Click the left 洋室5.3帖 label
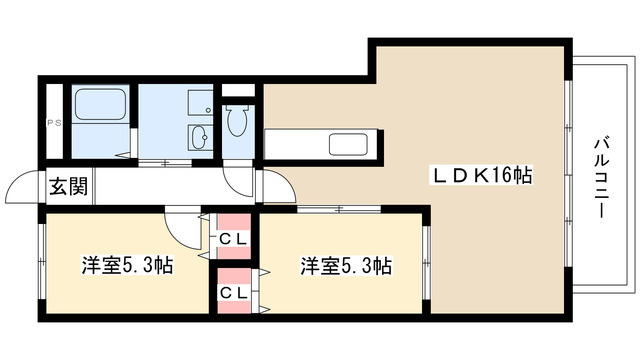click(x=127, y=267)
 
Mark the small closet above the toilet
click(x=238, y=99)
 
